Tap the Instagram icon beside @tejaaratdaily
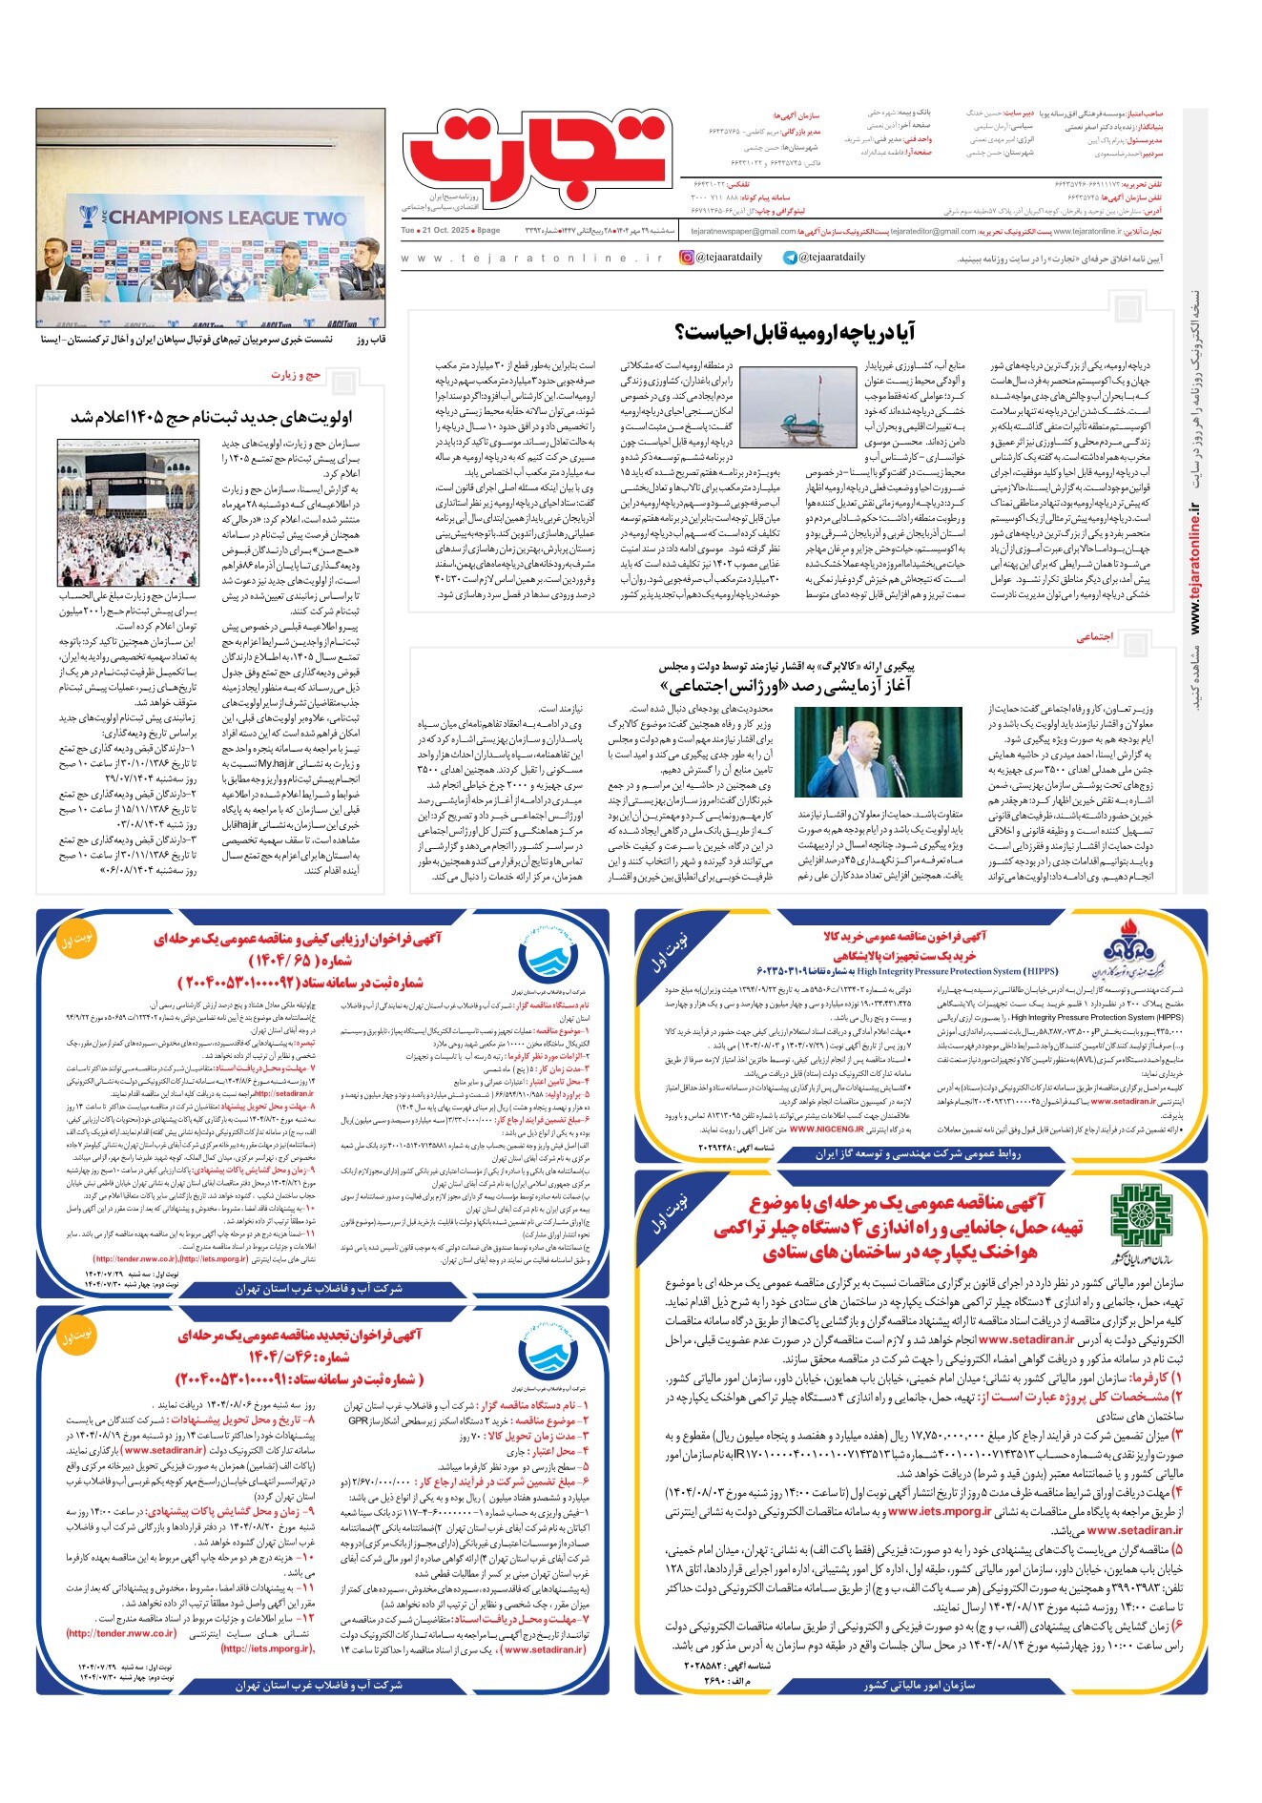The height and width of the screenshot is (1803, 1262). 687,258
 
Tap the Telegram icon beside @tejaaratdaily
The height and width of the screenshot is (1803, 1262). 790,258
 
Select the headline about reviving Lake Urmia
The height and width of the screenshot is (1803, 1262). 795,332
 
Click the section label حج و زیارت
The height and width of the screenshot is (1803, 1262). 296,374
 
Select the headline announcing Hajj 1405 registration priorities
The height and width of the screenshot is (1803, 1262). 212,417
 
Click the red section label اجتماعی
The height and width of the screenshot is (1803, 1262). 1095,636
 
